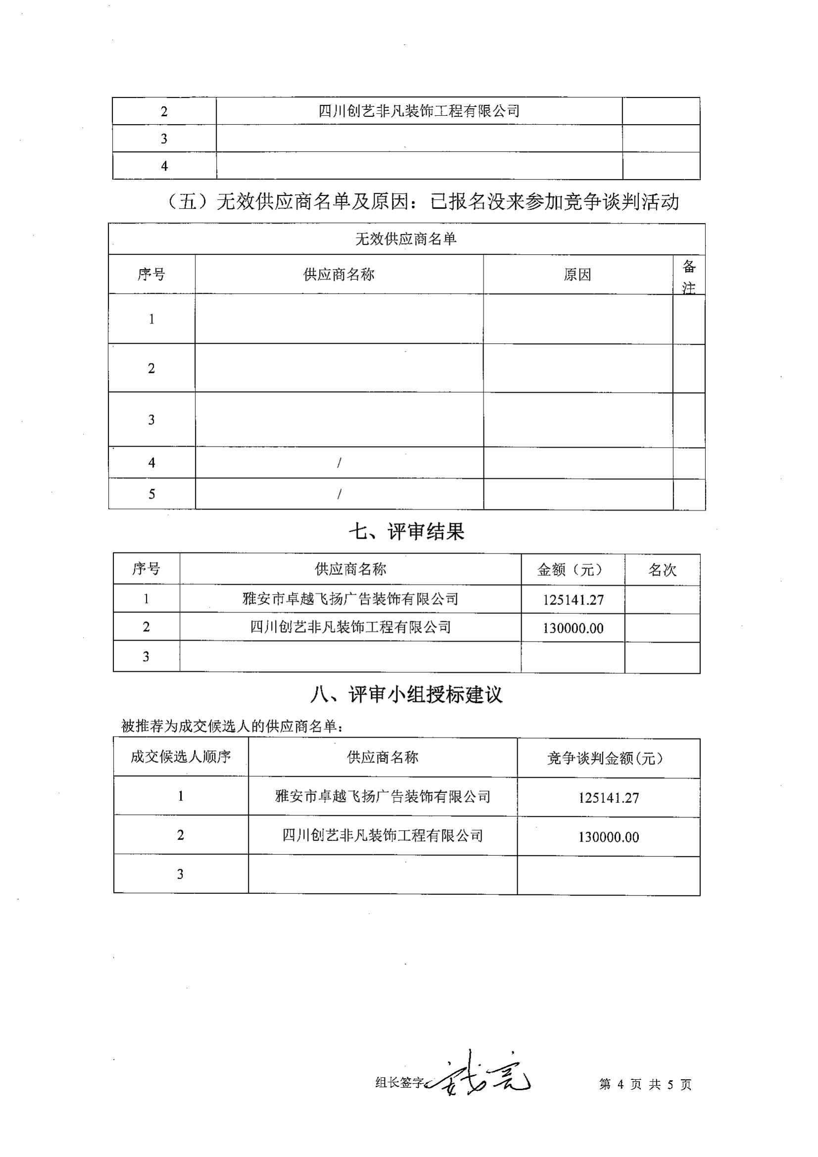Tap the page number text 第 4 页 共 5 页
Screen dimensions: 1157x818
point(645,1084)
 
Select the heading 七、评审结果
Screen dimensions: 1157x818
point(406,532)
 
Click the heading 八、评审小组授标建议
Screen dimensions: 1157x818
point(406,695)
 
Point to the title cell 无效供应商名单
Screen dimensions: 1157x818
point(406,239)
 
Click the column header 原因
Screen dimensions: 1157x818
point(577,275)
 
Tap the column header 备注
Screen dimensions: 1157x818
point(689,276)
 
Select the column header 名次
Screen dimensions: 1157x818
point(662,570)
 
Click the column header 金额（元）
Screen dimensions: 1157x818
point(573,570)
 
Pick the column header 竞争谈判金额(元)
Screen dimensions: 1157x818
point(608,758)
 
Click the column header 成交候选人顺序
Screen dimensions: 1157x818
point(181,757)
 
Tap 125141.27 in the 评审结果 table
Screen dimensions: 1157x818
point(573,600)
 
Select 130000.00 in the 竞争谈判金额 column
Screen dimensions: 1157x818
point(608,837)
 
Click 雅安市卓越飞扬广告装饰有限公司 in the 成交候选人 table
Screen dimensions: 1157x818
point(383,797)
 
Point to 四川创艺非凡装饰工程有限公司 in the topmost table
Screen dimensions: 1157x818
point(419,111)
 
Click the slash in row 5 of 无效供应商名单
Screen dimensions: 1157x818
point(339,494)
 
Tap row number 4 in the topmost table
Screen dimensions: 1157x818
point(164,166)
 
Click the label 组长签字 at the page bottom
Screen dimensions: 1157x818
point(400,1082)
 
